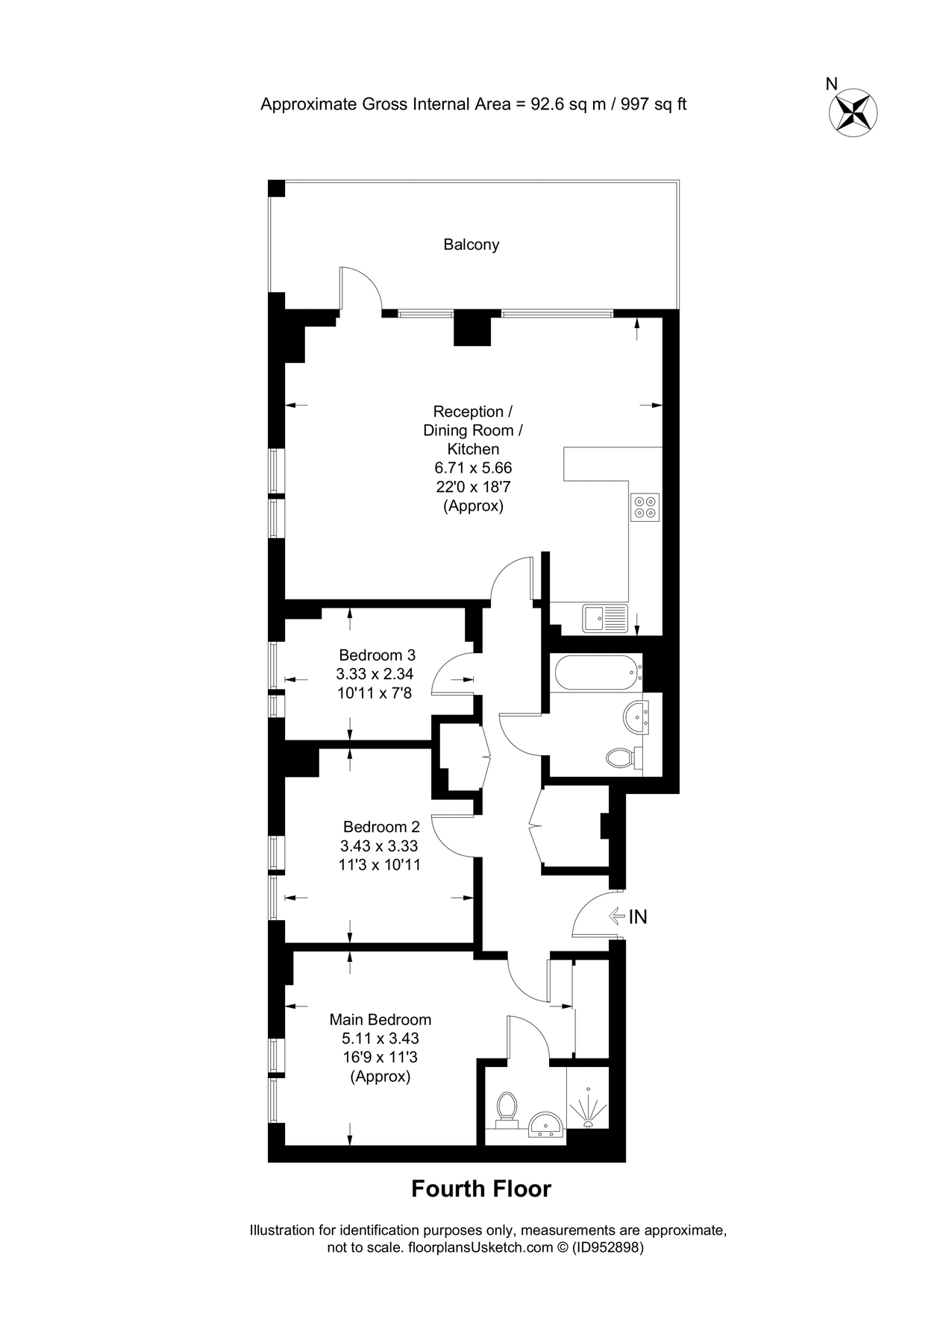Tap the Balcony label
tap(471, 245)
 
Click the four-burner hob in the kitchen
tap(645, 507)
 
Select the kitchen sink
tap(604, 618)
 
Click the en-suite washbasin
tap(546, 1125)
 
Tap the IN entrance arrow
tap(616, 916)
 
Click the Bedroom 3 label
tap(377, 655)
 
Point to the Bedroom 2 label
tap(381, 827)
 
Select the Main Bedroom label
tap(380, 1019)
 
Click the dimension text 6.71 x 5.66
tap(473, 468)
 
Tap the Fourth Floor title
tap(481, 1188)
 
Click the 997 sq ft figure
tap(654, 104)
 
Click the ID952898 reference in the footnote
tap(607, 1247)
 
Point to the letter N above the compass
tap(832, 84)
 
